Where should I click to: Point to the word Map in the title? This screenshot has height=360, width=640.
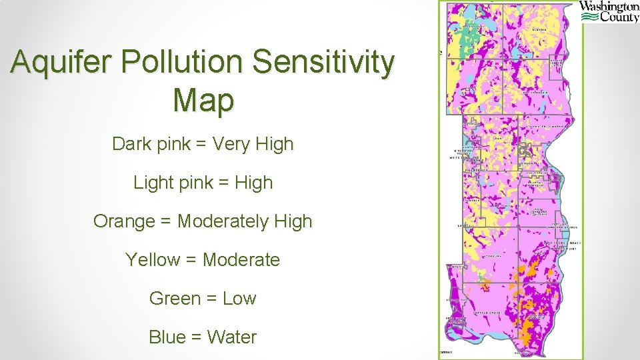pyautogui.click(x=203, y=101)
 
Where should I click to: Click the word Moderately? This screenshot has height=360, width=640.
pyautogui.click(x=215, y=221)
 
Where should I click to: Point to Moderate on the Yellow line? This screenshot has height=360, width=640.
pyautogui.click(x=241, y=259)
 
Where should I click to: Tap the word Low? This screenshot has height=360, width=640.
pyautogui.click(x=239, y=298)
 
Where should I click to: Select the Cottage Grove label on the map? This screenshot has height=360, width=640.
pyautogui.click(x=485, y=312)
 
